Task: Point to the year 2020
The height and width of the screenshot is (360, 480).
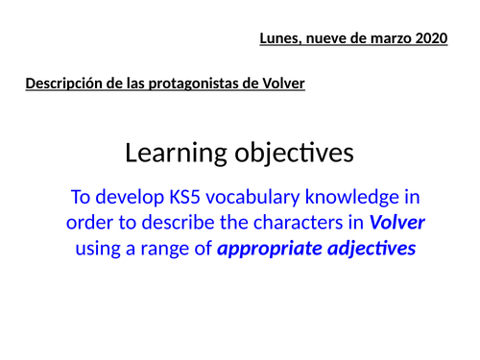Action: [x=431, y=39]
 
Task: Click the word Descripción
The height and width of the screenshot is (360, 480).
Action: [x=63, y=84]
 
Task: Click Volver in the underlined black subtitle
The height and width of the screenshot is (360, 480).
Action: [x=283, y=84]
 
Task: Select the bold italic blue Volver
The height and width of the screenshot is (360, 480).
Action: [x=396, y=224]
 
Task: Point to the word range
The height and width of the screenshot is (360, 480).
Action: [x=170, y=249]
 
